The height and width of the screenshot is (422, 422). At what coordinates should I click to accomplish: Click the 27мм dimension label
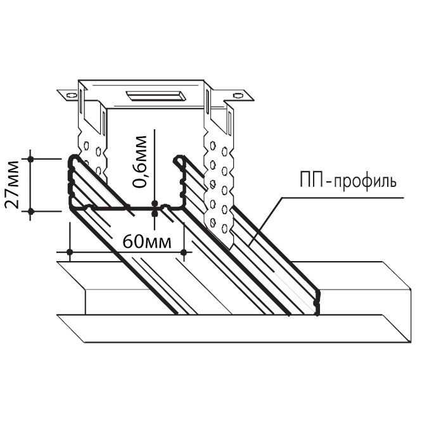click(x=12, y=184)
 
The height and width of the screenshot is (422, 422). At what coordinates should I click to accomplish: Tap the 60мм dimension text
click(x=146, y=242)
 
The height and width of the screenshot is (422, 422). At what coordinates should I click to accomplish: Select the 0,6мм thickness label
click(x=139, y=162)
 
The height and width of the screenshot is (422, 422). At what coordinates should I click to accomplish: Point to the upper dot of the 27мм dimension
click(x=30, y=159)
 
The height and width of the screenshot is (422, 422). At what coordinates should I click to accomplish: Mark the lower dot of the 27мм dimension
click(x=30, y=211)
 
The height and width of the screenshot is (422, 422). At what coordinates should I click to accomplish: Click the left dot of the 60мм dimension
click(x=70, y=252)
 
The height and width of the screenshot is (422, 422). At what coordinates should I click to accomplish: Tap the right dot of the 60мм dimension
click(x=184, y=252)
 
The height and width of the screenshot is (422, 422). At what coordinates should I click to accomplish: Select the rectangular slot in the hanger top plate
click(x=156, y=96)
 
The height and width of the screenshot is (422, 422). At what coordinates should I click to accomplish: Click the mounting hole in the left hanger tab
click(x=71, y=95)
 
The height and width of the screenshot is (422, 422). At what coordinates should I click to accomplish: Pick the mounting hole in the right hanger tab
click(x=238, y=95)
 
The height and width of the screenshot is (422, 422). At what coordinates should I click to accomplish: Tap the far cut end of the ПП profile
click(x=317, y=302)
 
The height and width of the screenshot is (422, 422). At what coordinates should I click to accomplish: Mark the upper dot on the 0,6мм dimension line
click(x=154, y=203)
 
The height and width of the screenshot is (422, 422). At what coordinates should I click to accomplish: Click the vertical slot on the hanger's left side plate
click(x=80, y=98)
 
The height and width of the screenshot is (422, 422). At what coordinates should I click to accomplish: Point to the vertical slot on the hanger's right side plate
click(x=207, y=101)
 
